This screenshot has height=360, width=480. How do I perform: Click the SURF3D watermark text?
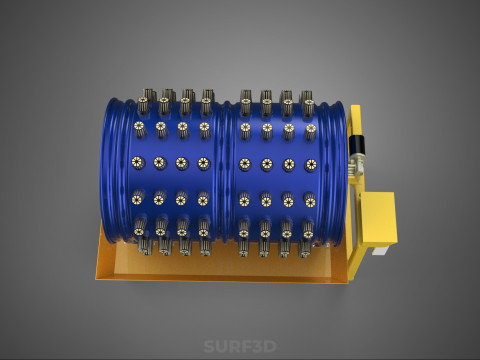[x=240, y=346]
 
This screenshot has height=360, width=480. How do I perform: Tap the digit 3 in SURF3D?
[x=257, y=346]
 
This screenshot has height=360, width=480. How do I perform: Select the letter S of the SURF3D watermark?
[x=210, y=346]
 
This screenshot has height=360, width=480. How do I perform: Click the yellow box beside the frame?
[x=379, y=219]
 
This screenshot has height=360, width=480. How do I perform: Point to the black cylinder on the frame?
[x=356, y=145]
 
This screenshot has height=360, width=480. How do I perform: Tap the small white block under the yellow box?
[x=379, y=250]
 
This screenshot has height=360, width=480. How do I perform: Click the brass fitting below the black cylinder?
[x=355, y=166]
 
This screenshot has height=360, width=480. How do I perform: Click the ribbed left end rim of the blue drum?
[x=113, y=167]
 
